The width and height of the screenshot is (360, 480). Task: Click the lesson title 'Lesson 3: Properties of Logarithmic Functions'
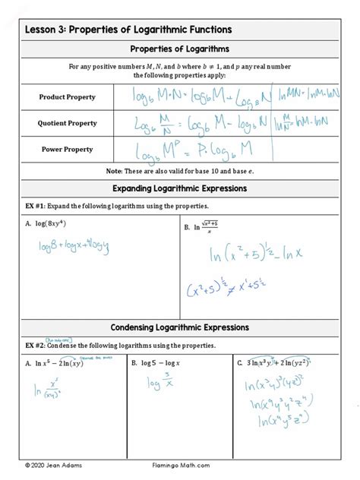[x=128, y=30]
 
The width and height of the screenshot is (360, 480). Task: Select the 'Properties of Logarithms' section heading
[x=180, y=50]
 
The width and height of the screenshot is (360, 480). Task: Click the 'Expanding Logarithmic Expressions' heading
[x=180, y=188]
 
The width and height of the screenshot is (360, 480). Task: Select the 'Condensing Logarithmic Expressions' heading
[x=180, y=327]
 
